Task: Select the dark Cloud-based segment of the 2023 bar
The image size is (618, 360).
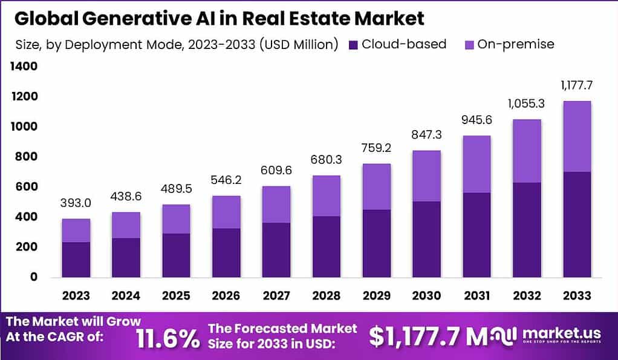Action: point(76,260)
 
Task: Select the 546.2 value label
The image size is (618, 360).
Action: point(226,180)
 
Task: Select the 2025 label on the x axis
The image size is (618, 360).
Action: point(175,295)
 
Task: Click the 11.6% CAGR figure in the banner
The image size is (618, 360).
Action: point(168,338)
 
